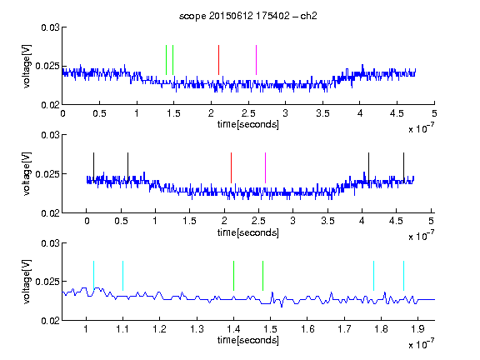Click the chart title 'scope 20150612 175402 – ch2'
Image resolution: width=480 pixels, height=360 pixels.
(x=248, y=16)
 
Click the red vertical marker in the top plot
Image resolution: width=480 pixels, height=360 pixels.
(x=218, y=60)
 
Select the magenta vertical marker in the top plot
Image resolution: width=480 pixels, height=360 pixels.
(x=256, y=60)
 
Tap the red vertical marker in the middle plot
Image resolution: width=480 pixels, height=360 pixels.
(x=231, y=167)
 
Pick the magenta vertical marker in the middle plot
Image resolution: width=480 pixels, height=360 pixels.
(x=265, y=167)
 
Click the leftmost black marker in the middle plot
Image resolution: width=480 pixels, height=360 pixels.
(x=94, y=167)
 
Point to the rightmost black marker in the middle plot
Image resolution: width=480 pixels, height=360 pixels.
(x=404, y=167)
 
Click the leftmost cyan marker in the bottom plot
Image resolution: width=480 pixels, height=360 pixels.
(x=93, y=276)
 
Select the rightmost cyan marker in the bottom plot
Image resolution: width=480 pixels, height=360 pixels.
(x=404, y=276)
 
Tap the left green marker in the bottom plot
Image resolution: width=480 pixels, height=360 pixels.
(x=233, y=276)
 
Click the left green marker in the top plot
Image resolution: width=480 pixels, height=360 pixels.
(x=166, y=60)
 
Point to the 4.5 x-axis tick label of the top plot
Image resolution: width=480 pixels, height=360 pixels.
(x=397, y=113)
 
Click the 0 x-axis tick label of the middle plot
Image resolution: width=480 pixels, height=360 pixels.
(x=87, y=221)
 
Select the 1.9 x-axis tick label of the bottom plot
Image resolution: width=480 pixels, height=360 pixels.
(x=418, y=329)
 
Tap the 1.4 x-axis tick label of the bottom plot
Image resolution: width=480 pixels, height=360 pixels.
(x=233, y=329)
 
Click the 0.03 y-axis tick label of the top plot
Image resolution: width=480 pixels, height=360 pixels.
(x=50, y=27)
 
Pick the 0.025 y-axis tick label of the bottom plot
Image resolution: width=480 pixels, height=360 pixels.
(x=47, y=282)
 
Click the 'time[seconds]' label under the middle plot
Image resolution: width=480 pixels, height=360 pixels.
(x=248, y=232)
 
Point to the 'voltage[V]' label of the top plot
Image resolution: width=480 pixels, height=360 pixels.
(x=27, y=67)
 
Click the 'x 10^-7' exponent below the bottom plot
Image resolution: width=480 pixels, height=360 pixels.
(x=421, y=343)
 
